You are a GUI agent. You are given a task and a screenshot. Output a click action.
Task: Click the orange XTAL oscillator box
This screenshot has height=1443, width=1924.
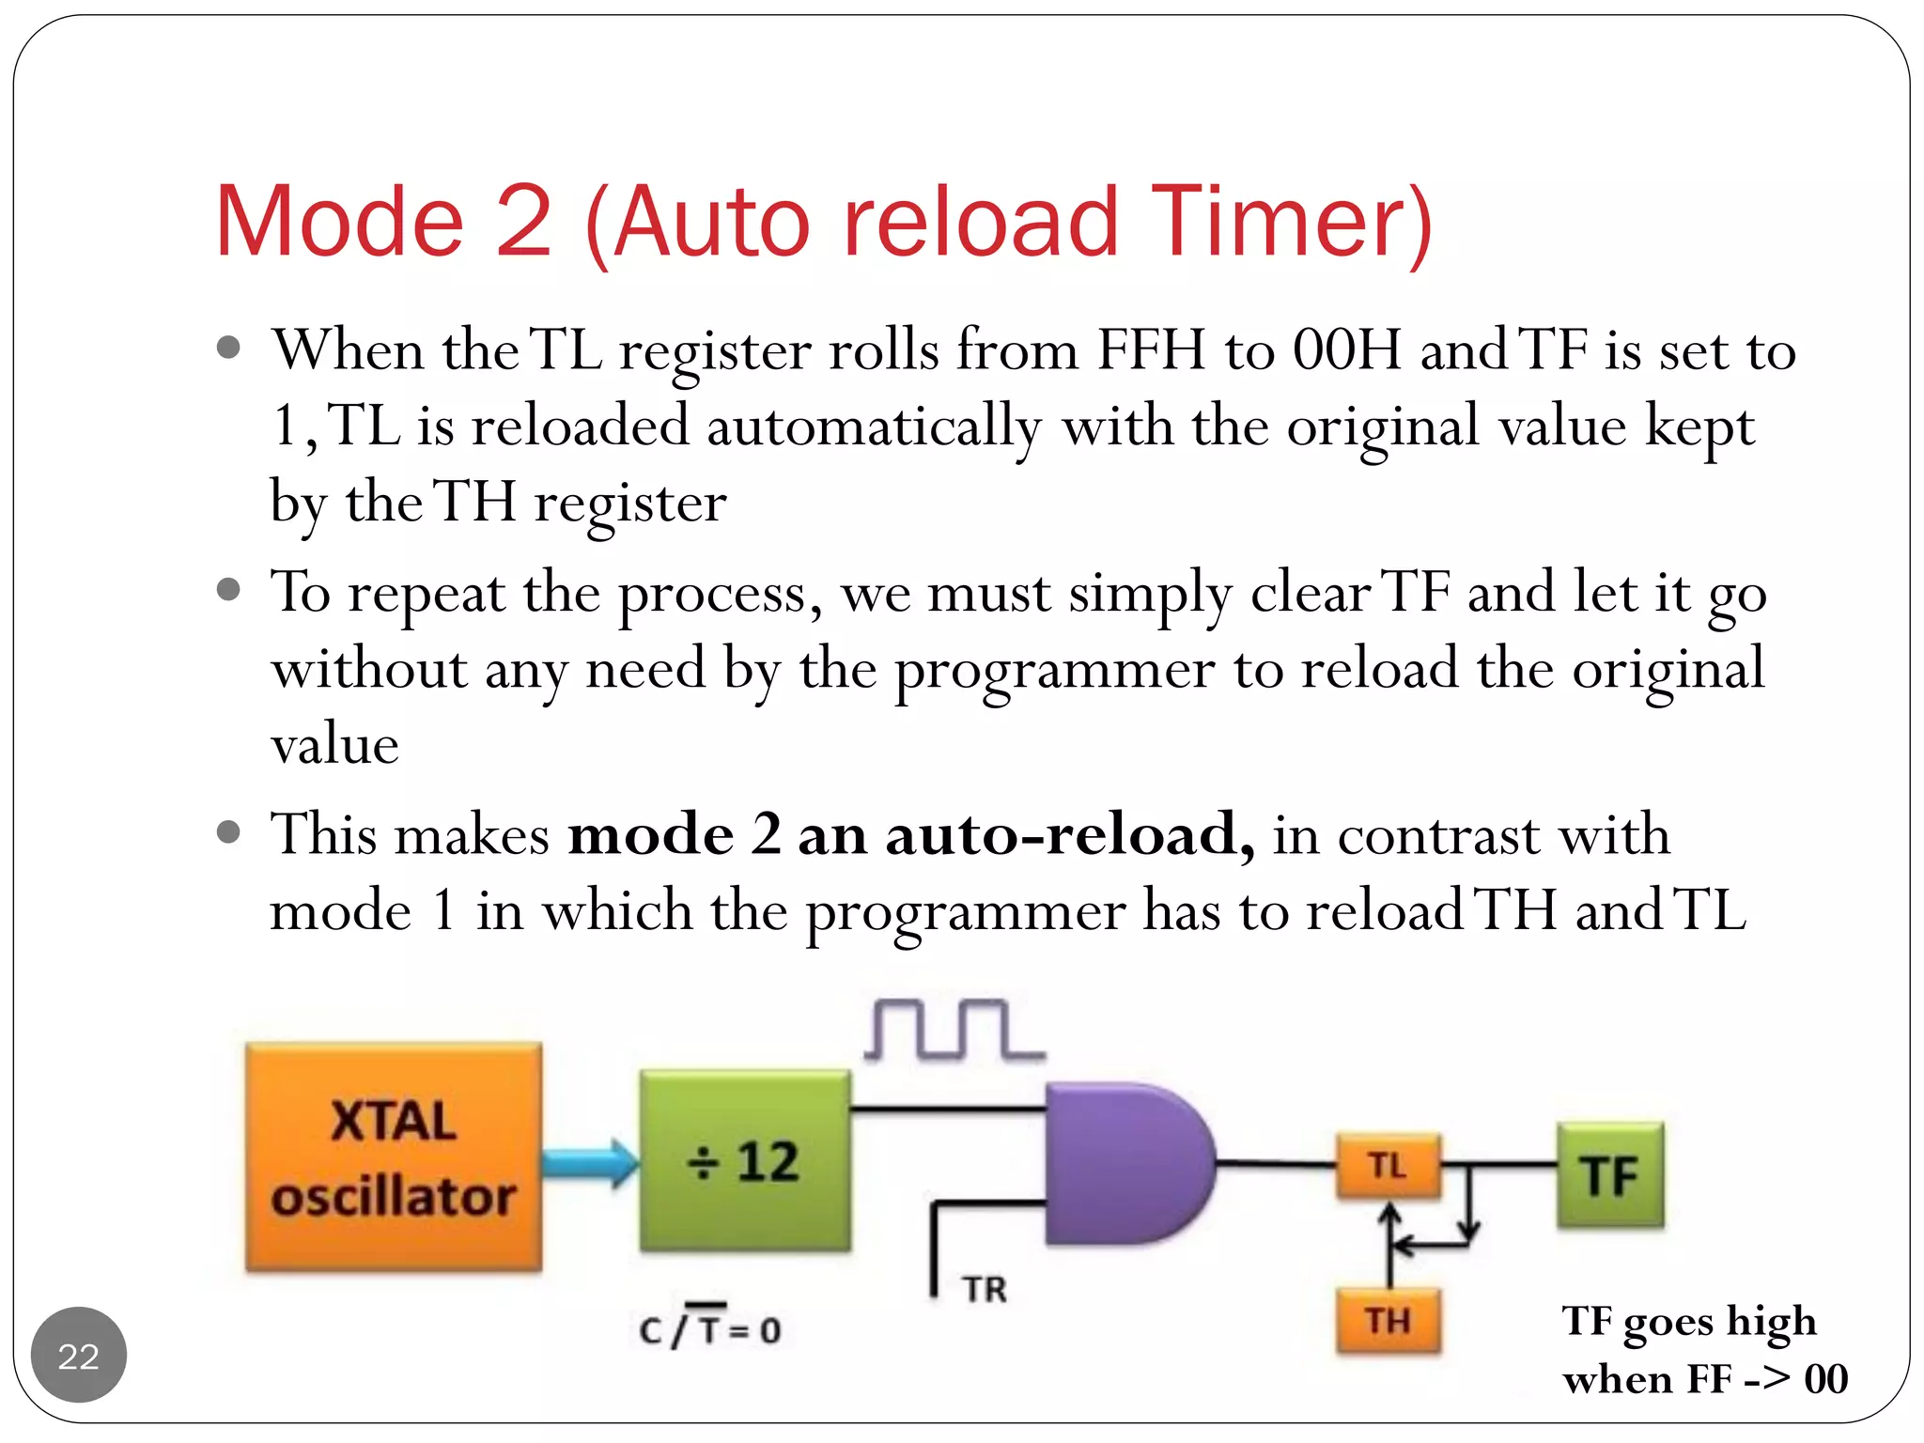pos(394,1157)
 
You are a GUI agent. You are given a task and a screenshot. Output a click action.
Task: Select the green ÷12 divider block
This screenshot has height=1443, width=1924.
pos(745,1161)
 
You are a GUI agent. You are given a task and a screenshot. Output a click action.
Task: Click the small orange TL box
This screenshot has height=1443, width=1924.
pos(1388,1166)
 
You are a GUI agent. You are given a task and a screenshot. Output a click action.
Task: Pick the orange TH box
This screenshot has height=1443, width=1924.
pos(1388,1321)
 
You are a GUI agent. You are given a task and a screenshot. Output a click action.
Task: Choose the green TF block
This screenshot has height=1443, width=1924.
pos(1609,1175)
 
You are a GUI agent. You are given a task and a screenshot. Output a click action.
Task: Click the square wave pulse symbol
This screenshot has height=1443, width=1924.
pos(953,1031)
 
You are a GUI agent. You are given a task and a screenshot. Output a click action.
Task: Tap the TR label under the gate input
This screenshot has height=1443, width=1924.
pos(984,1290)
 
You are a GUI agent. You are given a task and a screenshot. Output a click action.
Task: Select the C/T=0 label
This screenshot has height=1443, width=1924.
pos(710,1327)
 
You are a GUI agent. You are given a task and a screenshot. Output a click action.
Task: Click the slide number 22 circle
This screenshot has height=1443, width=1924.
pos(79,1355)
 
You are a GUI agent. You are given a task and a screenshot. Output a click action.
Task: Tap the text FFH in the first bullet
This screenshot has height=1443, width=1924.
pos(1151,350)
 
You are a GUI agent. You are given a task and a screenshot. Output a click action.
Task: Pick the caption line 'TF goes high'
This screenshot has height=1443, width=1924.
pos(1688,1322)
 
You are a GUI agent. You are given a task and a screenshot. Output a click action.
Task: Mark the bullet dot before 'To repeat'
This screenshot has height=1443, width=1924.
pos(228,590)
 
